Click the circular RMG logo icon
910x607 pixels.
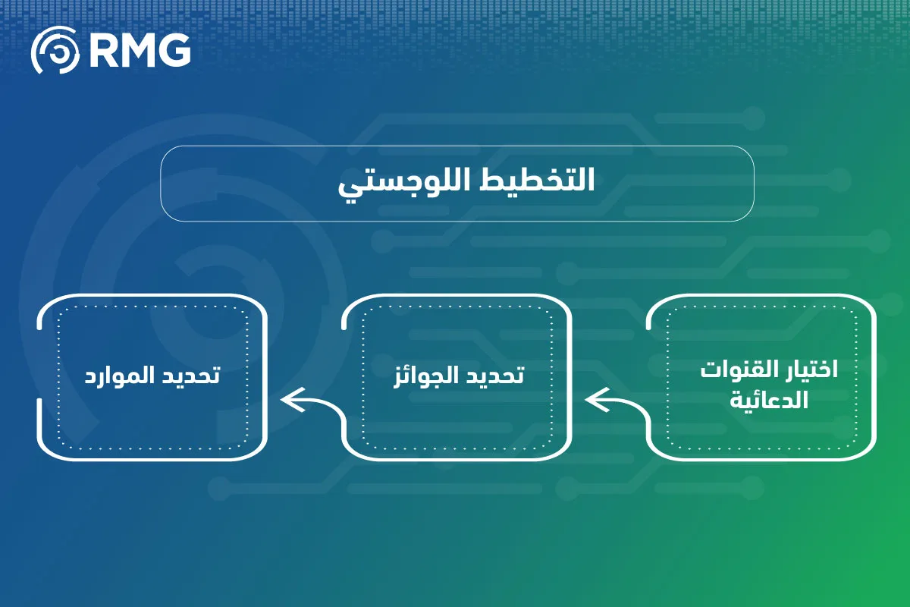click(55, 50)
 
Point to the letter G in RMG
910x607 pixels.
click(174, 50)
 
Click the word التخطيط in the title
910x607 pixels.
click(538, 179)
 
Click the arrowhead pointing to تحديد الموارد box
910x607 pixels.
click(292, 400)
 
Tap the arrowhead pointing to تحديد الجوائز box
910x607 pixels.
click(596, 400)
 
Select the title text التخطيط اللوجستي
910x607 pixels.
click(466, 182)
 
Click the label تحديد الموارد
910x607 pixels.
click(152, 375)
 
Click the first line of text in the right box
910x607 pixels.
click(769, 370)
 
